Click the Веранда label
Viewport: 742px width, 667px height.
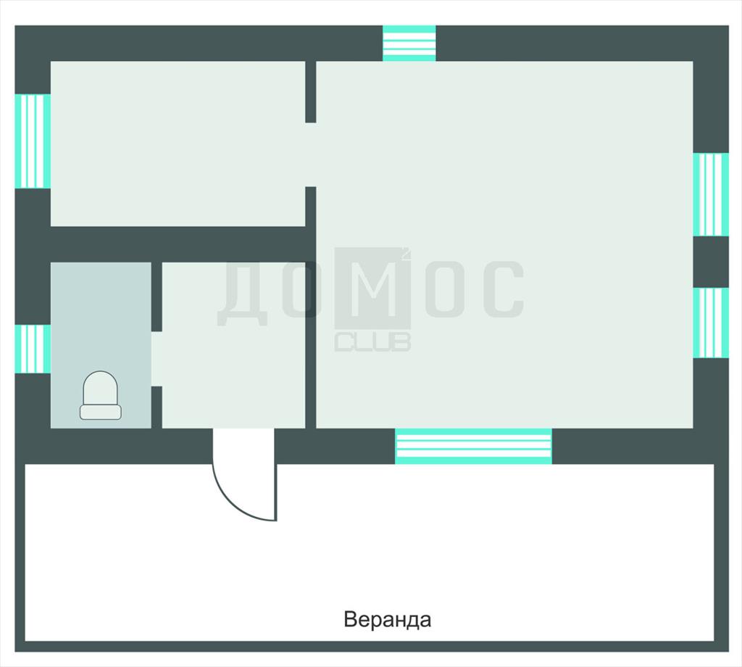click(x=387, y=619)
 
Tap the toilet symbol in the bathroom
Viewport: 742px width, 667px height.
click(x=100, y=395)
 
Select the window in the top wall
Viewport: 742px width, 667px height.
click(x=409, y=43)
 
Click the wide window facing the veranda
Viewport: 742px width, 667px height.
click(x=473, y=446)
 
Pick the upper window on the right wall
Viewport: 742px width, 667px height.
click(x=711, y=194)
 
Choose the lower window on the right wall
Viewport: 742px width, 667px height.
click(x=711, y=323)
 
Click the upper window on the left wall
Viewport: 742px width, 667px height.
click(x=33, y=141)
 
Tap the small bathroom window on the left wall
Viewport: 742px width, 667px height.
click(x=33, y=349)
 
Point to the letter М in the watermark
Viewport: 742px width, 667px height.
click(x=372, y=288)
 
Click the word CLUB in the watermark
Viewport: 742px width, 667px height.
click(x=372, y=341)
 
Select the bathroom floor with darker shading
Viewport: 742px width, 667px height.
click(x=101, y=345)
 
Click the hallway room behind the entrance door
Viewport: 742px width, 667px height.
click(x=233, y=345)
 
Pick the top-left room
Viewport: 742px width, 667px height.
click(x=178, y=144)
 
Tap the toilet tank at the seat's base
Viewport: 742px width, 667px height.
click(x=100, y=412)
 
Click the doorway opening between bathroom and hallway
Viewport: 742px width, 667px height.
click(x=157, y=359)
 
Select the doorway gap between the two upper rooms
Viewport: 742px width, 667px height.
click(x=310, y=155)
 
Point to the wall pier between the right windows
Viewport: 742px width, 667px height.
click(x=711, y=262)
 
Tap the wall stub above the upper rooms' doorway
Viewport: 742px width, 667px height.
click(x=310, y=92)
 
